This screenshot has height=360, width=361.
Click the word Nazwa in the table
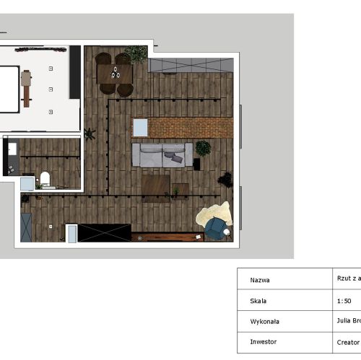pos(261,280)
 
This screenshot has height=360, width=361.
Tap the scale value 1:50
pos(344,300)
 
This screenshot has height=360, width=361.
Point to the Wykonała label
pos(264,322)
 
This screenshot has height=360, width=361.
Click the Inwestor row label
pos(264,342)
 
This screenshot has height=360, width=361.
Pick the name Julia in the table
pos(343,321)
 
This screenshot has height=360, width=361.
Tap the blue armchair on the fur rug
pos(215,228)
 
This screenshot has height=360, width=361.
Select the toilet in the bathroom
pos(45,178)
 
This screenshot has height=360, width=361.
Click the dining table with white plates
pos(116,72)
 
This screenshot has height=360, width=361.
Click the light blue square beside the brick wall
pos(140,128)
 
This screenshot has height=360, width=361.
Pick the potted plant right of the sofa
pos(204,149)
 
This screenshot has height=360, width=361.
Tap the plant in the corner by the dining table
pos(135,54)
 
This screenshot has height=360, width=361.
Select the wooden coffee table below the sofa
pos(156,185)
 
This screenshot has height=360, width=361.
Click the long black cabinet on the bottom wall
pos(104,232)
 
